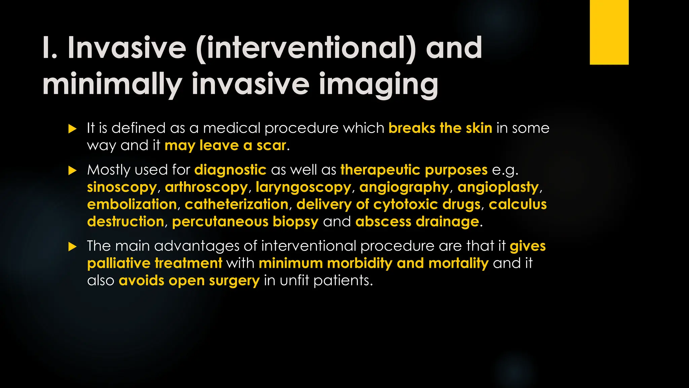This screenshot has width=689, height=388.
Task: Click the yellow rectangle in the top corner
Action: point(609,32)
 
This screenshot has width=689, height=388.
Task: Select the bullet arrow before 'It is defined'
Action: point(72,129)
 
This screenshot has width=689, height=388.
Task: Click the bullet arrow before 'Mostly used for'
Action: point(72,170)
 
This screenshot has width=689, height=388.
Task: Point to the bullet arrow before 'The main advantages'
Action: point(72,247)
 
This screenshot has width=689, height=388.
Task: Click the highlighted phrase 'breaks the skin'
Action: point(440,128)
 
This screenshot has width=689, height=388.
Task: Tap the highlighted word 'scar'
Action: point(271,145)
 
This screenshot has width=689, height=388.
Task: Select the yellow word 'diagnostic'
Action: point(230,170)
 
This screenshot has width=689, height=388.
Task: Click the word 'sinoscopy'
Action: point(122,187)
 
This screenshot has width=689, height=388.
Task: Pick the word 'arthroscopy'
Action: point(206,187)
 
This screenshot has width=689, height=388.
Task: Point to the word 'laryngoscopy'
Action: point(303,187)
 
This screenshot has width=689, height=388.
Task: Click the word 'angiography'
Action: point(404,187)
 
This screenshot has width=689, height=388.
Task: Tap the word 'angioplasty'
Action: point(498,187)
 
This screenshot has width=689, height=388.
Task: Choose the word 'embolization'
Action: point(132,204)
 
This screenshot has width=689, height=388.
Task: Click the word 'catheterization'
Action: point(237,204)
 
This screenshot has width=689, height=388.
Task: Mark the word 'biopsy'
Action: point(295,222)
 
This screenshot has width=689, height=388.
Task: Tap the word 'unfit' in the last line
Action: point(294,281)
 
